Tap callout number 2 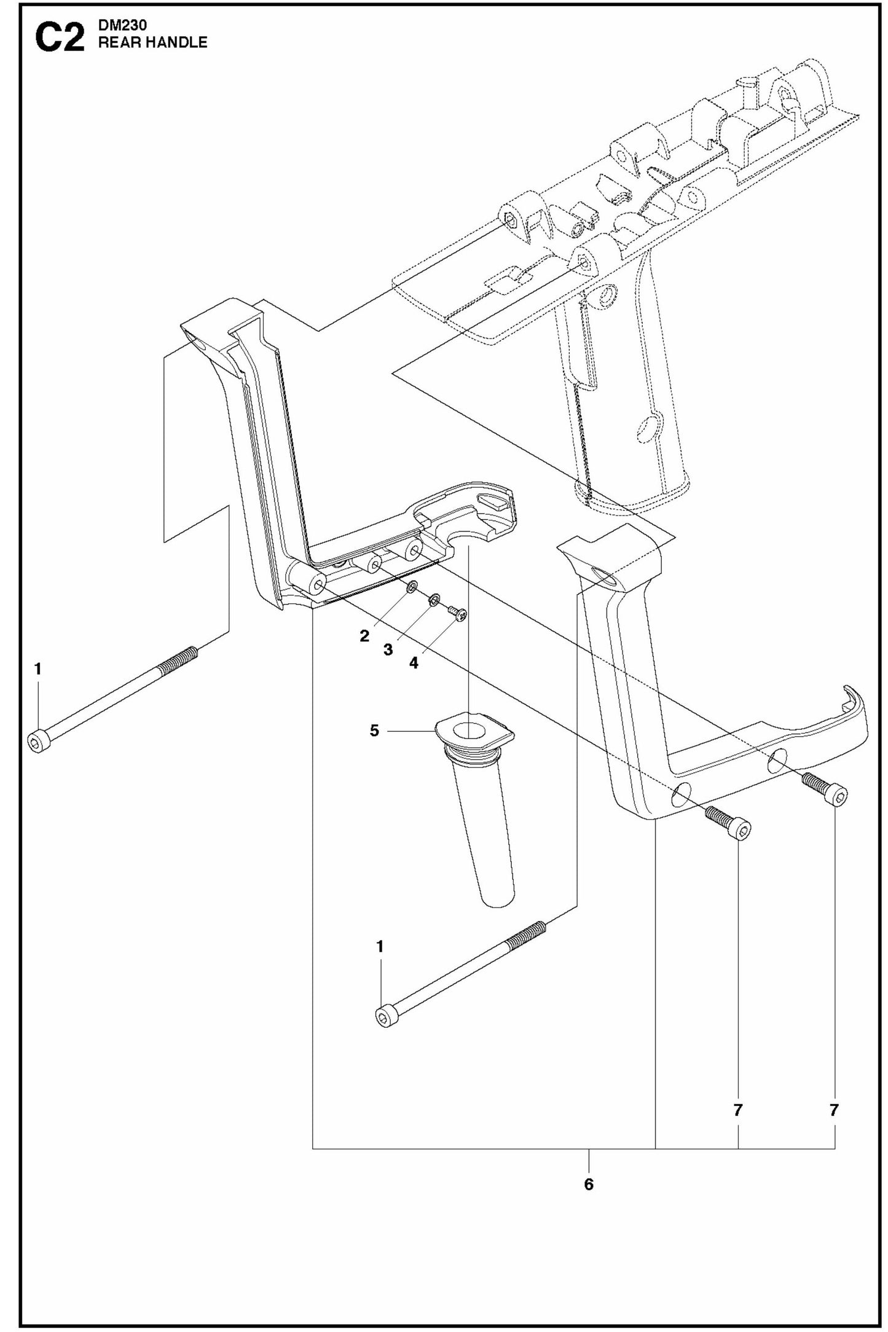[x=364, y=636]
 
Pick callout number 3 [x=388, y=650]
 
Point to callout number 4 [x=414, y=663]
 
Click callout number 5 [x=374, y=731]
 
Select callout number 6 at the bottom [x=589, y=1184]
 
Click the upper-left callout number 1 [x=38, y=669]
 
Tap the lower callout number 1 [x=380, y=947]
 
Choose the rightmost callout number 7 [x=834, y=1110]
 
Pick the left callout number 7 [x=738, y=1110]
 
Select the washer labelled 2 [x=412, y=588]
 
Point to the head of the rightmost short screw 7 [x=838, y=797]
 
